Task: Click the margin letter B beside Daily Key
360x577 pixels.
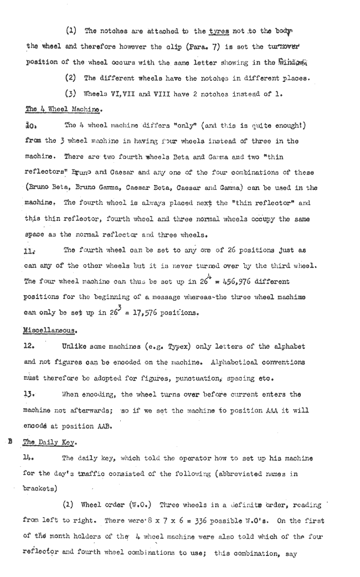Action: pyautogui.click(x=9, y=442)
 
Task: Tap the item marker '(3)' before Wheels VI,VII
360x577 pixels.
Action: pyautogui.click(x=71, y=92)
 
